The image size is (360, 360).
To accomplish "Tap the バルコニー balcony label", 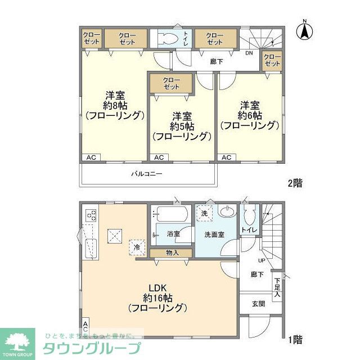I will click(147, 174).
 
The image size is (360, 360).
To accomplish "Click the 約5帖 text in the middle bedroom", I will click(181, 125).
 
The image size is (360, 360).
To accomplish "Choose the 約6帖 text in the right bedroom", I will click(249, 115).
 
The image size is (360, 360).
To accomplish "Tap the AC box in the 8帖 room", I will click(91, 157).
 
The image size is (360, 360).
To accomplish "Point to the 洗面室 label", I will click(214, 234).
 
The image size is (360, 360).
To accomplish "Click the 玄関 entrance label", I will click(258, 303).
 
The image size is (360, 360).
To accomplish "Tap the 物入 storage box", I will click(172, 253).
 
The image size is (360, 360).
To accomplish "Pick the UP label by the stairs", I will click(262, 260).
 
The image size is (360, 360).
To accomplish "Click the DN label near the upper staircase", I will click(249, 53).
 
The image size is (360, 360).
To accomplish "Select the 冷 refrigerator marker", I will click(136, 246).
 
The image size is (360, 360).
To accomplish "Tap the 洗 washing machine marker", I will click(204, 214).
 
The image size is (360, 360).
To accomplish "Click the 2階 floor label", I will click(295, 182).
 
